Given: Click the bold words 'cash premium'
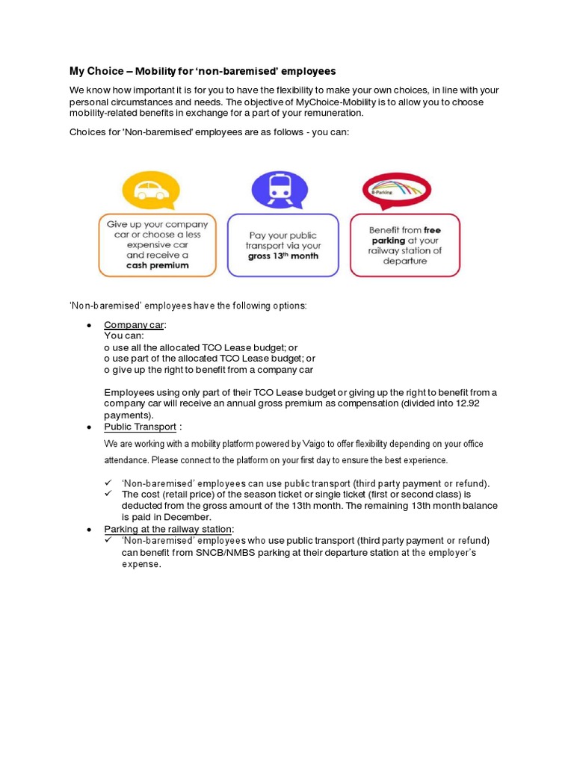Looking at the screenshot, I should coord(157,265).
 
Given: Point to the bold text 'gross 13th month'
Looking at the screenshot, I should coord(283,255).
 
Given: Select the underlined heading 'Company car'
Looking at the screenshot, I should coord(135,325).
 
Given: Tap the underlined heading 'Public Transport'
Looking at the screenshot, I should coord(140,427).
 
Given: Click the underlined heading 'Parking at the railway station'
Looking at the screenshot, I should coord(168,529).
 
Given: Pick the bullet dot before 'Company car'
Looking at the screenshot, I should coord(89,326).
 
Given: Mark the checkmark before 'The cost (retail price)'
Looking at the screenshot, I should coord(108,494).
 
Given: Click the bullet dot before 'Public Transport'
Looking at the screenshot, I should coord(89,427).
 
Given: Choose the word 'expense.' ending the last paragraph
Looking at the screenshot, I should coord(141,564).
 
